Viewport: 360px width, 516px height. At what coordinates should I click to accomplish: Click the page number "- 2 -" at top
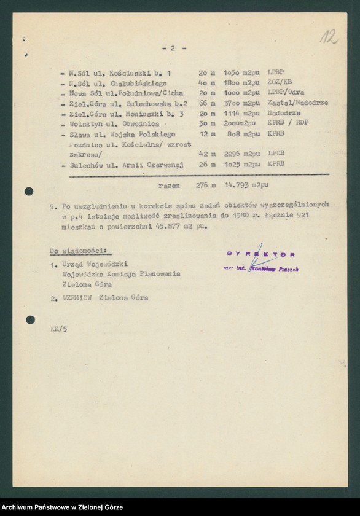(174, 48)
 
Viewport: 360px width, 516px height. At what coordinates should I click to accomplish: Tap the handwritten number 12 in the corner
(329, 37)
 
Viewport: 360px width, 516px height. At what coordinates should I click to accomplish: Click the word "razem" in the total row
(169, 184)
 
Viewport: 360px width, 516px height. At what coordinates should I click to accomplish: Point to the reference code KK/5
(58, 329)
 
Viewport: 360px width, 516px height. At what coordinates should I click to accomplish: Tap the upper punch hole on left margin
(29, 191)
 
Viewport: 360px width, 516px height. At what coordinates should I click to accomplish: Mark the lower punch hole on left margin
(30, 320)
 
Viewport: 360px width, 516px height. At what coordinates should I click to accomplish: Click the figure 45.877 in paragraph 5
(160, 225)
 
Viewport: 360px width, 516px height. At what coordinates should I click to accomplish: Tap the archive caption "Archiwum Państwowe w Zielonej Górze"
(61, 507)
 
